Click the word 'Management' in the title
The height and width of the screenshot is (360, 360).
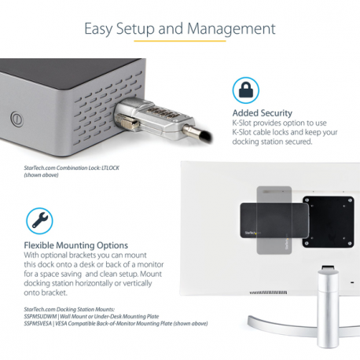[233, 29]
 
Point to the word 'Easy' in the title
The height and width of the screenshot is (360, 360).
[101, 29]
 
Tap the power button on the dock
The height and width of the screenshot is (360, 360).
[16, 120]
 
